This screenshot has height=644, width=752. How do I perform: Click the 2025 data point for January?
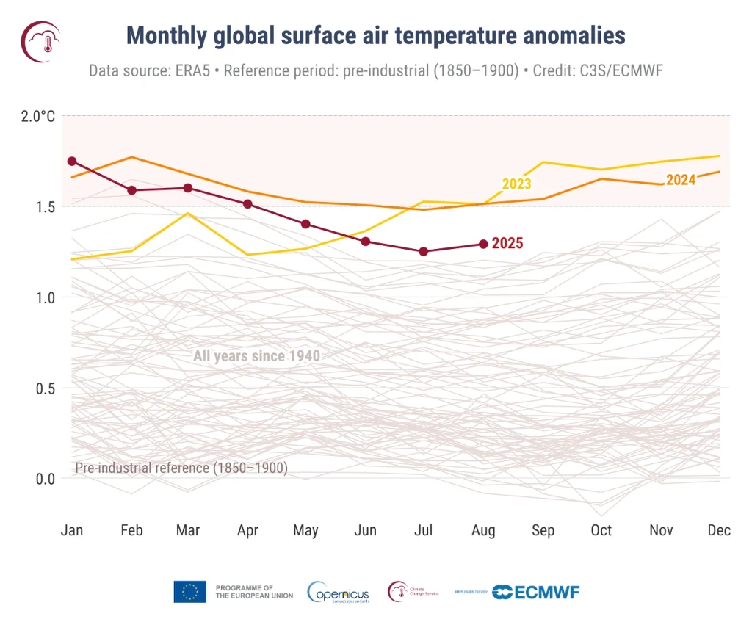pyautogui.click(x=72, y=161)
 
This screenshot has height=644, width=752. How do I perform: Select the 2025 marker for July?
pyautogui.click(x=424, y=251)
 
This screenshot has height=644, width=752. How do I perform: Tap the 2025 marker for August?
pyautogui.click(x=482, y=244)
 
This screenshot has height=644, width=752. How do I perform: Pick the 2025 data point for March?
pyautogui.click(x=188, y=188)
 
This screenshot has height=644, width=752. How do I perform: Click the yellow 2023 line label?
pyautogui.click(x=516, y=184)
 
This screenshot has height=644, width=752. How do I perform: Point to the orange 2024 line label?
pyautogui.click(x=681, y=180)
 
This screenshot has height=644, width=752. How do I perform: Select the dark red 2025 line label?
pyautogui.click(x=507, y=244)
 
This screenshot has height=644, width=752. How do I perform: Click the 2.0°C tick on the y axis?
pyautogui.click(x=37, y=116)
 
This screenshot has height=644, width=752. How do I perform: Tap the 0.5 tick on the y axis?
pyautogui.click(x=46, y=388)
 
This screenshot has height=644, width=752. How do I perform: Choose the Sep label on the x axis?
pyautogui.click(x=543, y=530)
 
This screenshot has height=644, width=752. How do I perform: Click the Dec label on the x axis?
pyautogui.click(x=720, y=530)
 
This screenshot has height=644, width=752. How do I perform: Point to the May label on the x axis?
pyautogui.click(x=305, y=530)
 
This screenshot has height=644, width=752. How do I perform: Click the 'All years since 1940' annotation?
pyautogui.click(x=256, y=357)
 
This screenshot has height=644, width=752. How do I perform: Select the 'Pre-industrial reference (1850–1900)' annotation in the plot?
pyautogui.click(x=181, y=468)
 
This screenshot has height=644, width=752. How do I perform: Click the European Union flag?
pyautogui.click(x=189, y=592)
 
